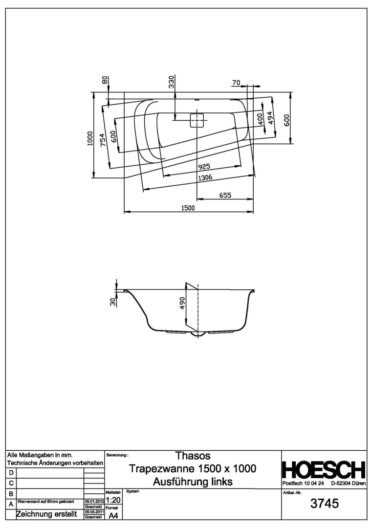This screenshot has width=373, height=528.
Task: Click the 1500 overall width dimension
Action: point(188,208)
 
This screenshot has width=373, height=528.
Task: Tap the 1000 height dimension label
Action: point(89,138)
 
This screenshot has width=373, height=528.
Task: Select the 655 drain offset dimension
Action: point(225,195)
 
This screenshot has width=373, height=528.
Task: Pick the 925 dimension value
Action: point(204,166)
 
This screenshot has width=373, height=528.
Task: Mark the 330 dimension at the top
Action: point(172,82)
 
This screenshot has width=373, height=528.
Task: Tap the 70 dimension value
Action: point(236,83)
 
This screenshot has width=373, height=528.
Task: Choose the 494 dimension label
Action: point(270,118)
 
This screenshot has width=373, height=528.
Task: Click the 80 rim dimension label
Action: point(105,80)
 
